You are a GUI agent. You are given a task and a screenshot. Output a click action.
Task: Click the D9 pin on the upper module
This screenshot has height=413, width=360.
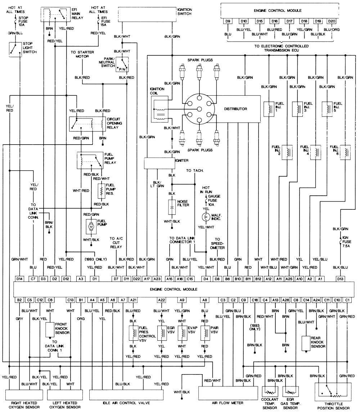point(228,22)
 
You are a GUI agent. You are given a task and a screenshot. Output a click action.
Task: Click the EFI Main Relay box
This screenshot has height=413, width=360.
point(55,15)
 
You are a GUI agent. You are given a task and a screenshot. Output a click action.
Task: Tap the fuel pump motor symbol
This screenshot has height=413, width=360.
point(91,226)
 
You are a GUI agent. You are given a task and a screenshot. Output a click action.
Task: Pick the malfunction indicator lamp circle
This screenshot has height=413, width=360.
point(206,217)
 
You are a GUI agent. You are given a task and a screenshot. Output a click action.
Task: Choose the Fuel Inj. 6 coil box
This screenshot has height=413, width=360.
point(345,151)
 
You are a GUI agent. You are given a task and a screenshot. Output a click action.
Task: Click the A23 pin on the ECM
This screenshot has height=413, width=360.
point(157,278)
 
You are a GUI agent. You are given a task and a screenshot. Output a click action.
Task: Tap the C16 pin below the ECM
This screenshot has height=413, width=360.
point(255,299)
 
